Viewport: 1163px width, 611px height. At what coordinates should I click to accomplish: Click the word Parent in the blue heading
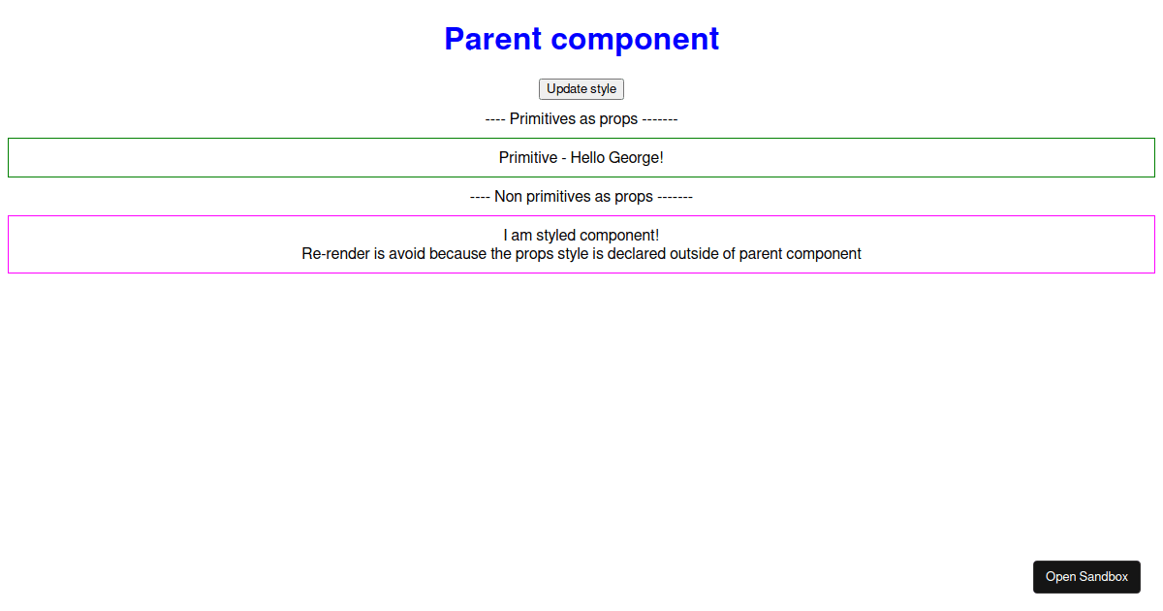click(492, 39)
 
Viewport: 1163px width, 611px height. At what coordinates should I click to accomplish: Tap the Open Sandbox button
click(1086, 577)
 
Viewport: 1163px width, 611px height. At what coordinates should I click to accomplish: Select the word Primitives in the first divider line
click(548, 119)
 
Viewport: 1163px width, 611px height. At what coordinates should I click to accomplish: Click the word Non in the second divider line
click(508, 196)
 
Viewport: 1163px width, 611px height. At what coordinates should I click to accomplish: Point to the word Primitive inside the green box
click(528, 157)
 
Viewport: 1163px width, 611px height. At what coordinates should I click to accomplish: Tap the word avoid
click(407, 253)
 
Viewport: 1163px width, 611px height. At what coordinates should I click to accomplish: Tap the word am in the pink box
click(521, 236)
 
